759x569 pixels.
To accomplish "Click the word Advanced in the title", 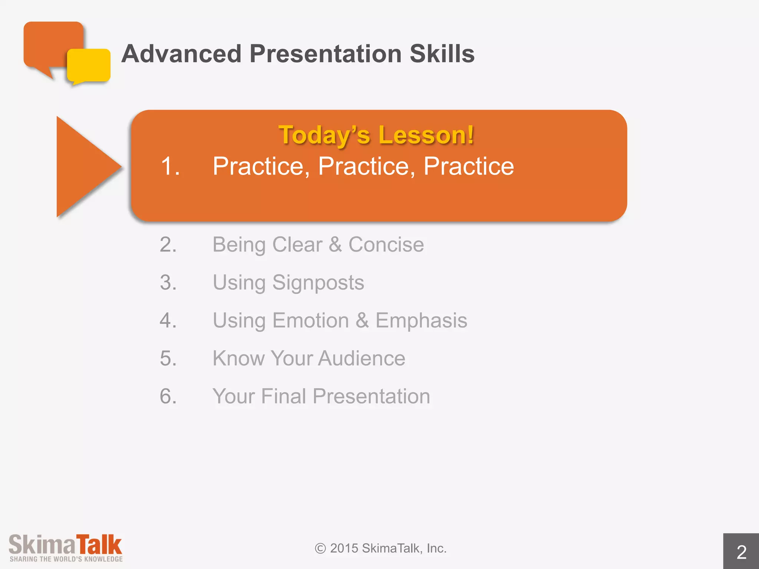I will coord(182,54).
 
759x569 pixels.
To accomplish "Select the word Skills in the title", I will coord(442,54).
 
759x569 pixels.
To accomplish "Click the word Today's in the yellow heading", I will coord(324,135).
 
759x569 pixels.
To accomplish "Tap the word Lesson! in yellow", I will coord(426,135).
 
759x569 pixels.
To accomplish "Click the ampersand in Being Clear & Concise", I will coord(335,245).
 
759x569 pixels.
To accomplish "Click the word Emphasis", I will coord(421,321).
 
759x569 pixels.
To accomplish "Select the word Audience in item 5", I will coord(361,359).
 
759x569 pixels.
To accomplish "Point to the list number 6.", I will coord(168,396).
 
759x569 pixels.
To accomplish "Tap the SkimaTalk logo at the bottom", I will coord(66,548).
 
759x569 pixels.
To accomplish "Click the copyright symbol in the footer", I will coord(320,549).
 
